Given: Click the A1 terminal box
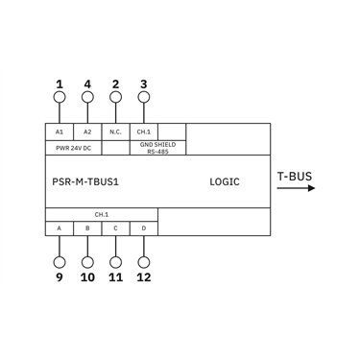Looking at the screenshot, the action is (x=60, y=132).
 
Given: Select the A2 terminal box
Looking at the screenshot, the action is (x=87, y=132).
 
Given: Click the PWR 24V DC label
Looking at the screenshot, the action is (x=73, y=149).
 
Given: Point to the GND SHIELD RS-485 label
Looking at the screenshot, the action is (x=157, y=148).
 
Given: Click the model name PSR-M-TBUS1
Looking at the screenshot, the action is (x=85, y=181).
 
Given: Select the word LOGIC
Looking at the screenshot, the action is (x=225, y=181).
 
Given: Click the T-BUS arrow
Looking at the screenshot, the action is (x=296, y=188).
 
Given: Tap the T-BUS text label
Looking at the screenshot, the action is (x=295, y=177).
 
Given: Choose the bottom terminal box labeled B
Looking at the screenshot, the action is (x=87, y=228).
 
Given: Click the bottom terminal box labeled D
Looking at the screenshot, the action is (x=144, y=228).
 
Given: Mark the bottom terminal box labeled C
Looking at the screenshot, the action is (x=115, y=228).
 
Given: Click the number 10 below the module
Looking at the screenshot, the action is (x=87, y=277).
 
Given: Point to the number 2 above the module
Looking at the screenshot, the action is (x=115, y=84).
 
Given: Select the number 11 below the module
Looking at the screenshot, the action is (x=115, y=277).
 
